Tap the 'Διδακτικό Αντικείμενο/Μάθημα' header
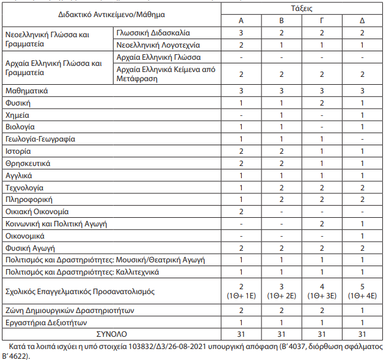(x=111, y=13)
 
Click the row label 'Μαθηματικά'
(x=26, y=90)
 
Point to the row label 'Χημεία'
(x=17, y=115)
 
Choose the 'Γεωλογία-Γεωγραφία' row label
(x=40, y=139)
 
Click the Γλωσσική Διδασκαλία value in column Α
(x=241, y=33)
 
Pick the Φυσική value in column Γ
(x=322, y=103)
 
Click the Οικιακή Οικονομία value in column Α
(x=241, y=211)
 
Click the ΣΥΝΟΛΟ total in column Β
(x=282, y=334)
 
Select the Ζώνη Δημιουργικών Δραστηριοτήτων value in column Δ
(x=362, y=311)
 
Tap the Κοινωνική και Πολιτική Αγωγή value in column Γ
(x=322, y=223)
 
